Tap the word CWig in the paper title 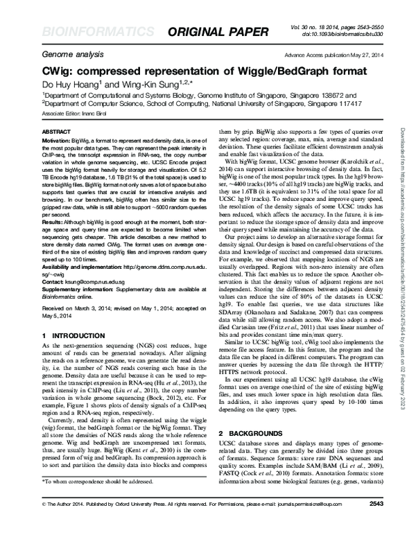(58, 73)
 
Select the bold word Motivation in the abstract (60, 140)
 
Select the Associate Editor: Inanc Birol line (77, 112)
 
